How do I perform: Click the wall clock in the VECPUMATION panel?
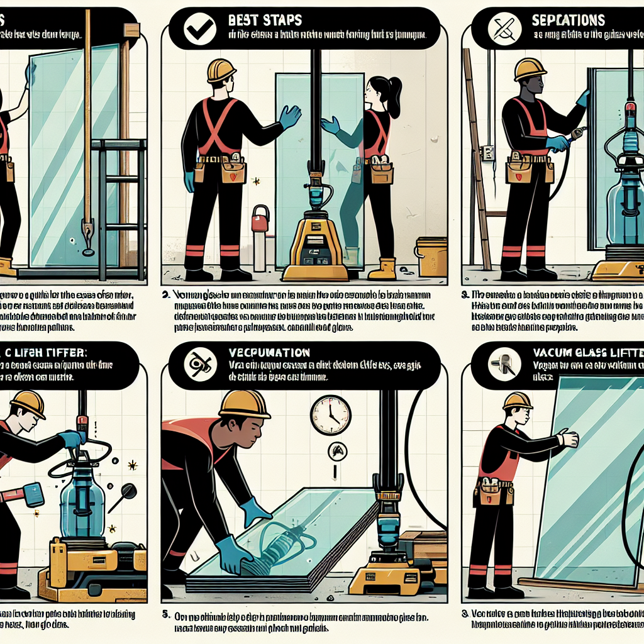click(330, 415)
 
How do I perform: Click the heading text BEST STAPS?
click(266, 19)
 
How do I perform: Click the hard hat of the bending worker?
click(244, 404)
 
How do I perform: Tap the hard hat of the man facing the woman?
click(221, 70)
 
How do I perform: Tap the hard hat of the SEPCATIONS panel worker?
click(530, 69)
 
